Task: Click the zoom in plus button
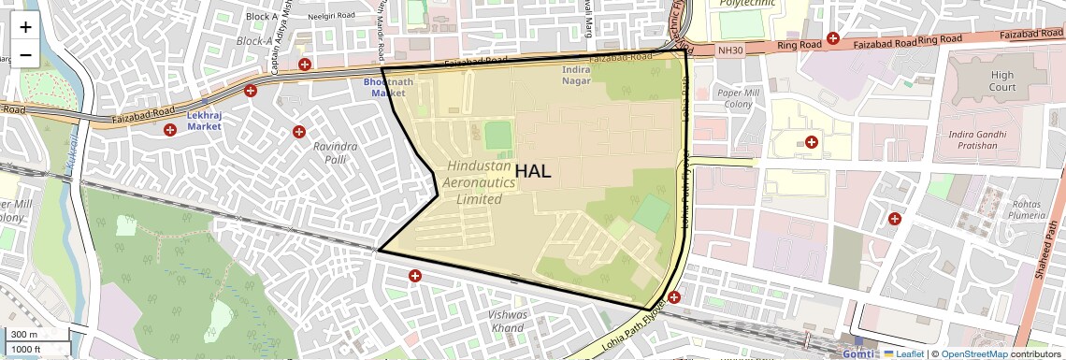tap(25, 28)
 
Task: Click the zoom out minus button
tap(25, 55)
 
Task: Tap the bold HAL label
tap(532, 171)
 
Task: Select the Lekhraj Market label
tap(203, 120)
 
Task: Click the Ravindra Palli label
tap(336, 153)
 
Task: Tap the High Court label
tap(1001, 81)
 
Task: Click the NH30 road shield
tap(728, 50)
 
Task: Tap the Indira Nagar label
tap(577, 75)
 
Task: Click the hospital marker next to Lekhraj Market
tap(169, 130)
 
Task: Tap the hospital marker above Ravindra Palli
tap(298, 132)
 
